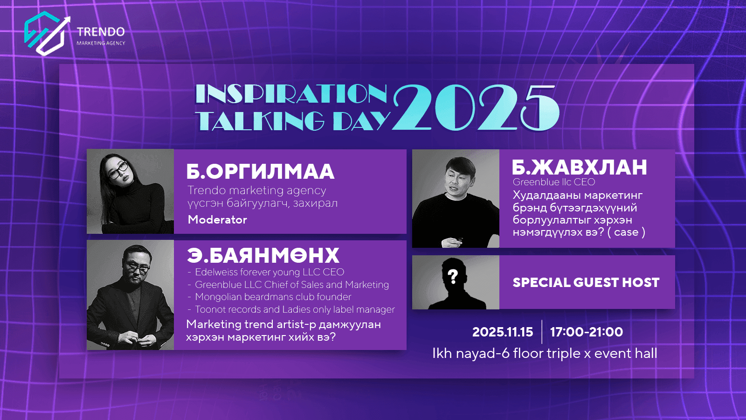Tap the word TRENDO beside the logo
101,32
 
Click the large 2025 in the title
476,108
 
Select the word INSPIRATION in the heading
291,94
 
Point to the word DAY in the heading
361,121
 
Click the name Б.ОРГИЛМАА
260,171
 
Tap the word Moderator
217,219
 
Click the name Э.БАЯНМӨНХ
263,255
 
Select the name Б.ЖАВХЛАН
579,167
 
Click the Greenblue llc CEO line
554,182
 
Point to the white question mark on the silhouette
453,276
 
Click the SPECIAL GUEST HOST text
586,282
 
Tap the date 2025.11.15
502,332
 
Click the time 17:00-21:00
586,332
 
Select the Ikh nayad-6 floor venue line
544,353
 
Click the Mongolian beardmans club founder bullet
273,297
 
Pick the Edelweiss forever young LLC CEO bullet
269,272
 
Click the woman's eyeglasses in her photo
118,169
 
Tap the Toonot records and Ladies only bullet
294,309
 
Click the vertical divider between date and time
542,332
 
